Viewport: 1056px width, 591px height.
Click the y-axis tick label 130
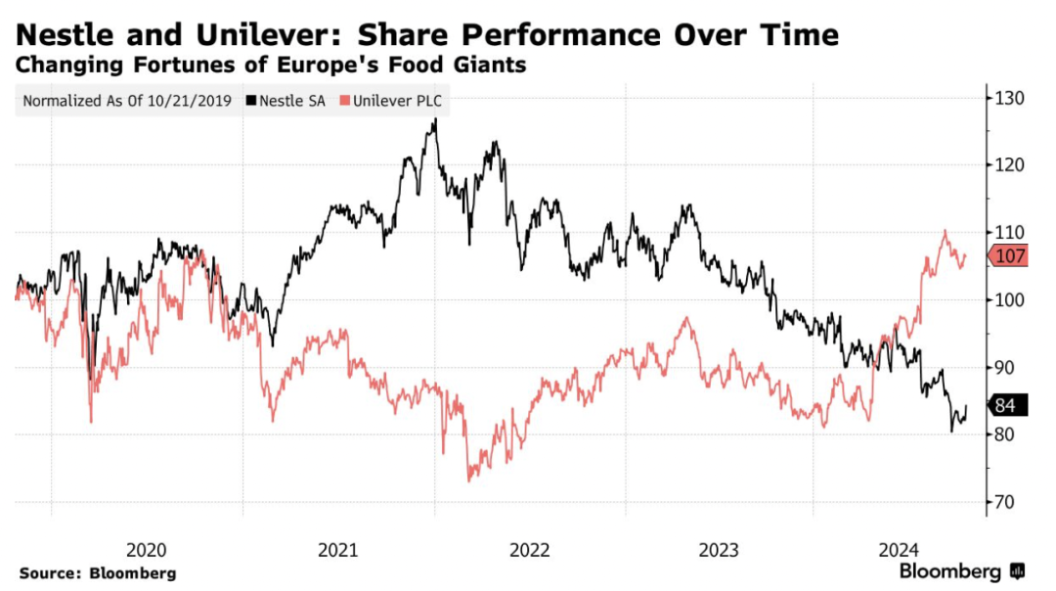pyautogui.click(x=1011, y=98)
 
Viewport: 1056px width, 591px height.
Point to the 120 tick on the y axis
pyautogui.click(x=1011, y=165)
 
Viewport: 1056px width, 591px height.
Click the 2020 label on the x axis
pyautogui.click(x=147, y=550)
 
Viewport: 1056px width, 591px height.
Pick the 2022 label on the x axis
pyautogui.click(x=528, y=550)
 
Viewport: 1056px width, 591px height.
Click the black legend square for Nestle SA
pyautogui.click(x=252, y=101)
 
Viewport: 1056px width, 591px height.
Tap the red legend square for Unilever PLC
pyautogui.click(x=343, y=101)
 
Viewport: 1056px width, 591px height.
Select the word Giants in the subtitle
pyautogui.click(x=498, y=67)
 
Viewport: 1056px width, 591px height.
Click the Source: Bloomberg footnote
pyautogui.click(x=97, y=572)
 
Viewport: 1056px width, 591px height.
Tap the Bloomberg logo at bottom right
pyautogui.click(x=961, y=571)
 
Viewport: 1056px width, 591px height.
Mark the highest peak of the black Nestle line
pyautogui.click(x=435, y=120)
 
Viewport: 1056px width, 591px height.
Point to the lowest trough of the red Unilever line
pyautogui.click(x=469, y=480)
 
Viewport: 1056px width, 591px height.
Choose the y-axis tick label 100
pyautogui.click(x=1011, y=300)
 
